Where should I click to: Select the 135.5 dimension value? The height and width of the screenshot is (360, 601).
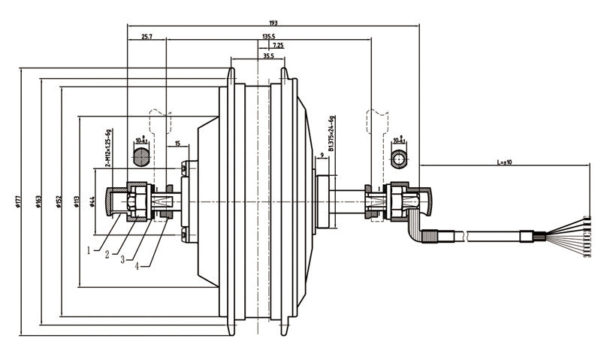coord(268,36)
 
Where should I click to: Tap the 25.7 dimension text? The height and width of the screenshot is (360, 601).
coord(146,36)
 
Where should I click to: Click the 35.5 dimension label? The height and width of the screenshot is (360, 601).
coord(268,56)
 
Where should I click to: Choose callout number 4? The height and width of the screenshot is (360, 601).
coord(137,265)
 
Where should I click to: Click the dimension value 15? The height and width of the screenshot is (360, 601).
coord(177,144)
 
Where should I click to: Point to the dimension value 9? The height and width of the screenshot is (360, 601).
coord(322,156)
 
